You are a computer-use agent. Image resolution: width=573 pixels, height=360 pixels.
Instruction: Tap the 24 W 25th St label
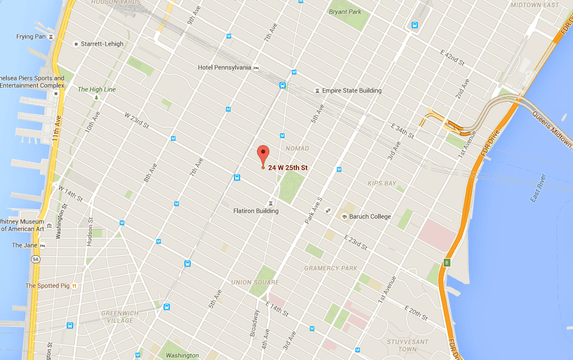click(288, 168)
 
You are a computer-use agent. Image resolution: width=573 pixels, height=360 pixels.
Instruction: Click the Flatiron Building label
click(256, 211)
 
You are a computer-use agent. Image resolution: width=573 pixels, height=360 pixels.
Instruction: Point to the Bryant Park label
click(345, 11)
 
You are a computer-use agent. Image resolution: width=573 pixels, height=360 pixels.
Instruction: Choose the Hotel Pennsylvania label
click(224, 67)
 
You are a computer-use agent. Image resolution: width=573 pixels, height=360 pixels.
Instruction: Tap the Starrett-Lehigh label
click(102, 44)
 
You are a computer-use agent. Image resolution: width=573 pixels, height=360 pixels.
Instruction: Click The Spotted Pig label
click(47, 286)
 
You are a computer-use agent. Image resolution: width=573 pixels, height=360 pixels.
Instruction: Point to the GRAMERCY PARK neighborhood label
click(331, 268)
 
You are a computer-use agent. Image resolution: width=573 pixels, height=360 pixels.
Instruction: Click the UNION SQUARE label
click(255, 282)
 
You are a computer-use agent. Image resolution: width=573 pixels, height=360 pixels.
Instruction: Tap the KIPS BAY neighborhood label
click(382, 183)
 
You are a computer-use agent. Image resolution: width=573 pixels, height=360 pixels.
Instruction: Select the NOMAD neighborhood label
click(297, 148)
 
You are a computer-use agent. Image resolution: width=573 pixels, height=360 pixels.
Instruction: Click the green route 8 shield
click(447, 262)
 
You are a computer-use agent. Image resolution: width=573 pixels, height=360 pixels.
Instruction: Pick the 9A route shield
click(35, 259)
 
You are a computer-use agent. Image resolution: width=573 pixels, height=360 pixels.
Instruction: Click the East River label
click(538, 188)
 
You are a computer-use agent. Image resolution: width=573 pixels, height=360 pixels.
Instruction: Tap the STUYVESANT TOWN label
click(408, 345)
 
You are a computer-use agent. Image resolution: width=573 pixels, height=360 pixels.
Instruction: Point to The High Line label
click(97, 89)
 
